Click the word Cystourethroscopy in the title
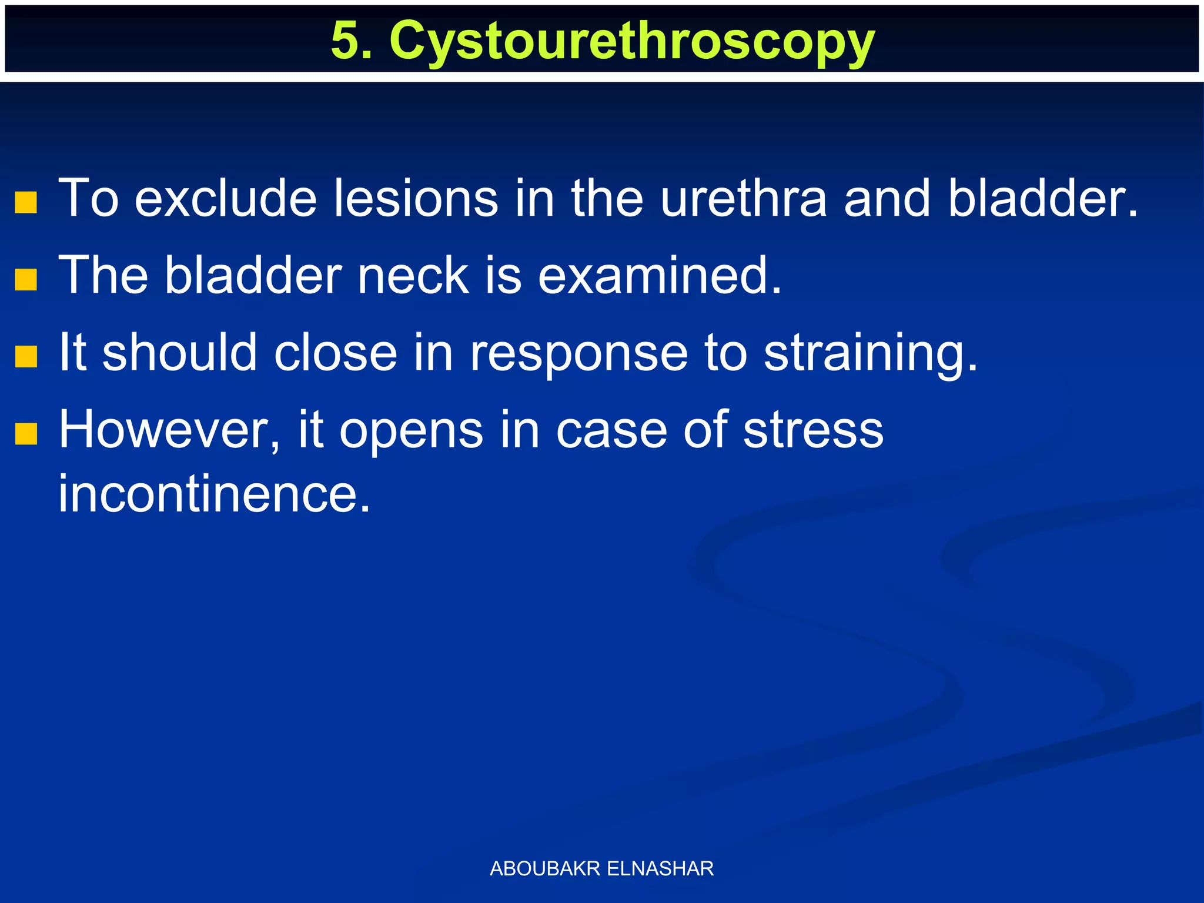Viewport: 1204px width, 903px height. tap(632, 41)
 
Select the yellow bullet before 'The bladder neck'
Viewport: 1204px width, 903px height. tap(26, 280)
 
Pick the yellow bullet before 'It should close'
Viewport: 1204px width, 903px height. tap(26, 356)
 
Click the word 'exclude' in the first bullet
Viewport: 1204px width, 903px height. tap(226, 199)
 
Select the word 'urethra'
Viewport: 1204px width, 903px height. tap(744, 199)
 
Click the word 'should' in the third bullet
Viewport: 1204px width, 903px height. tap(180, 353)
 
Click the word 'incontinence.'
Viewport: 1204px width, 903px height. tap(215, 494)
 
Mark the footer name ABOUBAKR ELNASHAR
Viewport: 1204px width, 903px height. tap(601, 868)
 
